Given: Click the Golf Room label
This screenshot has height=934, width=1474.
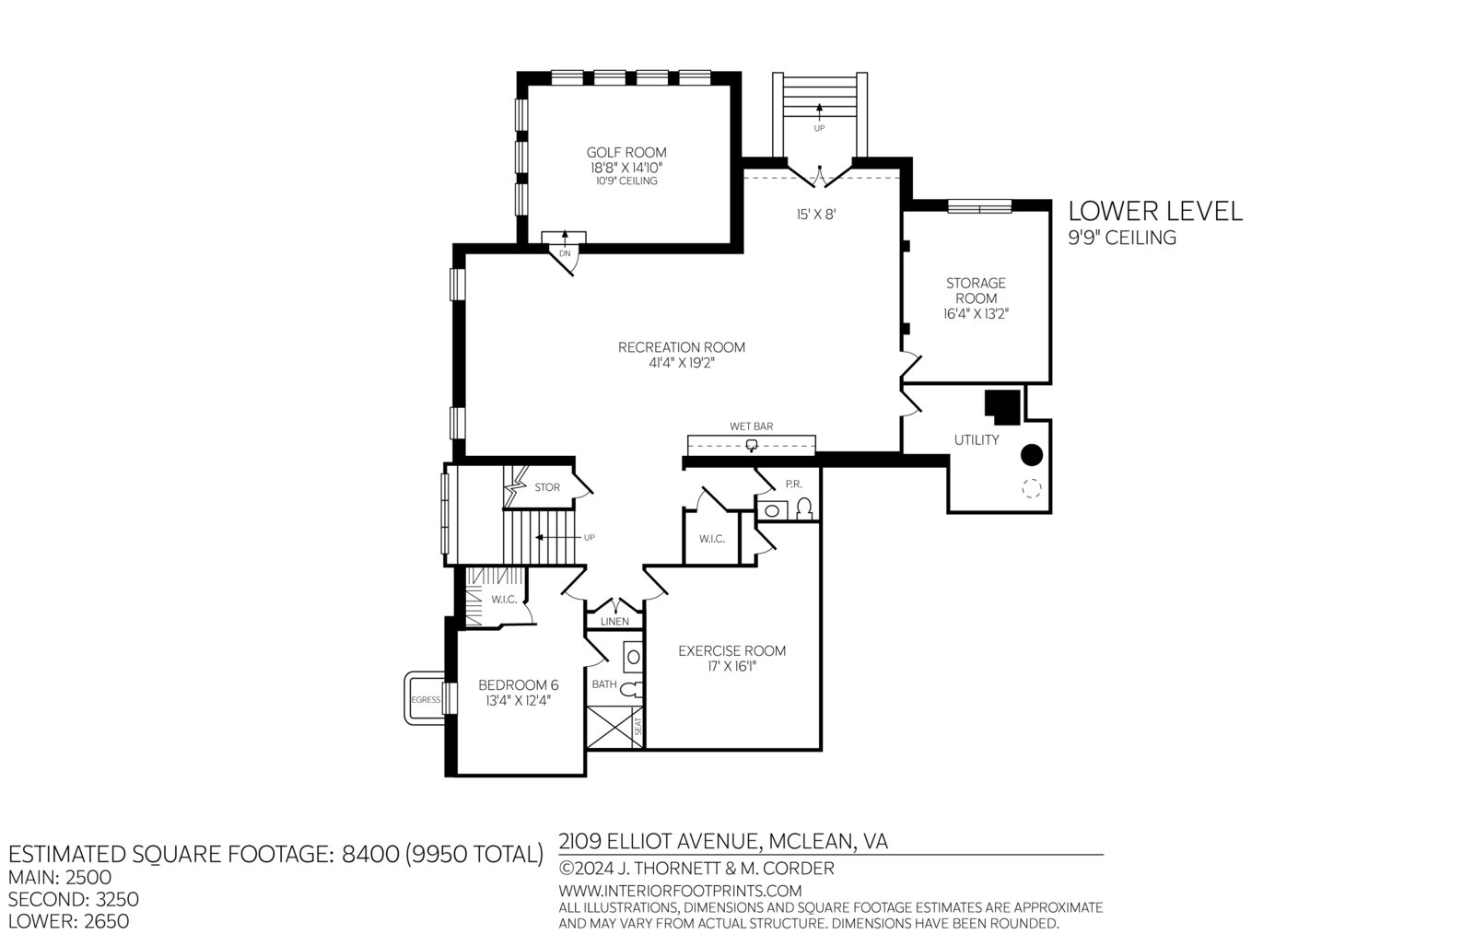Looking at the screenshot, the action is tap(626, 153).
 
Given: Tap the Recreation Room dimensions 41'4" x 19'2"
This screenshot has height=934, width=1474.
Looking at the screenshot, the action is tap(682, 362).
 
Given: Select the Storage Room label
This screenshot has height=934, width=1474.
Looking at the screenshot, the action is tap(976, 291).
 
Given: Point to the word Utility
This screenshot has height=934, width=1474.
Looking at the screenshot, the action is tap(977, 440).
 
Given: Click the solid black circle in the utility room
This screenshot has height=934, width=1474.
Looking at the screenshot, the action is tap(1032, 454).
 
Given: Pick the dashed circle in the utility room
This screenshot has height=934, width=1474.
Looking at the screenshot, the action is tap(1032, 488).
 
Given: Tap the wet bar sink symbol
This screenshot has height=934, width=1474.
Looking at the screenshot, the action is tap(752, 445).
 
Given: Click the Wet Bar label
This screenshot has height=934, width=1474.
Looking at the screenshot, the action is tap(752, 426).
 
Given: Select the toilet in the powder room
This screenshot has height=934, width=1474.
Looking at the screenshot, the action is tap(804, 508).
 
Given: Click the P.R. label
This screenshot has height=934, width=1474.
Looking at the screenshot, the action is tap(793, 485).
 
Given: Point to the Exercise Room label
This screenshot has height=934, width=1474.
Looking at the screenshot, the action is tap(731, 650).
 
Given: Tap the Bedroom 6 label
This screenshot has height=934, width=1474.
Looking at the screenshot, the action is tap(519, 685).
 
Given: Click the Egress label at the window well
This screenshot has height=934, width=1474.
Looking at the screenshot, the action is tap(426, 699).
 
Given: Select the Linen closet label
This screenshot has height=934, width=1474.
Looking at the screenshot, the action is tap(614, 622).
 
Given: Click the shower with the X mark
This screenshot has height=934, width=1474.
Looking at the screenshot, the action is tap(614, 727).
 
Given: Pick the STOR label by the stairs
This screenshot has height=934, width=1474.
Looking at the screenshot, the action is tap(547, 487).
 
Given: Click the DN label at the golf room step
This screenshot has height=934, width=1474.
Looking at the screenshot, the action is tap(565, 253).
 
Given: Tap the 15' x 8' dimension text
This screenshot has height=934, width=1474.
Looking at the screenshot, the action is tap(816, 215).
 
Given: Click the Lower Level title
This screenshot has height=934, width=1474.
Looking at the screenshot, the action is tap(1155, 211).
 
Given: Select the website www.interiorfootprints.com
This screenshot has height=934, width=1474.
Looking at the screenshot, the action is tap(681, 891).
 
